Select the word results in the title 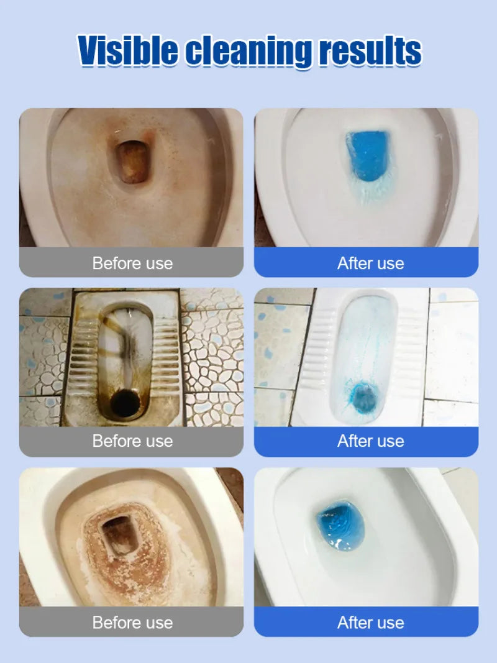tap(370, 51)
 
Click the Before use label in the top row tap(132, 263)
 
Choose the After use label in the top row tap(370, 263)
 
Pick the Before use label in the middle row tap(132, 441)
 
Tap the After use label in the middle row tap(370, 441)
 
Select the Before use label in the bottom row tap(132, 622)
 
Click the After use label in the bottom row tap(370, 622)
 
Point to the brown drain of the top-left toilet tap(132, 162)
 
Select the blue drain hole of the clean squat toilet tap(362, 395)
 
